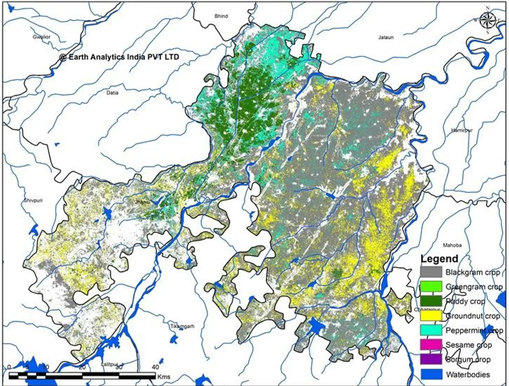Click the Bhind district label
221,16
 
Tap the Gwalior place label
42,37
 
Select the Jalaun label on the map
386,37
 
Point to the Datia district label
112,93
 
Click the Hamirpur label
462,130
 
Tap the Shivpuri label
33,200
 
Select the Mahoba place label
452,245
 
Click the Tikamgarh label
182,326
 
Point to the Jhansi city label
142,202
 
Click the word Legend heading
439,259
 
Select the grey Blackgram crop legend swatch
431,272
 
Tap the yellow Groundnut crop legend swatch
431,316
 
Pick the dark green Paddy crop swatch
431,301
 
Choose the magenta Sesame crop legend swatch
431,345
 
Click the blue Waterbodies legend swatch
431,374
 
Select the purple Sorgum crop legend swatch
431,359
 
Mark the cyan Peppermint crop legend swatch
431,330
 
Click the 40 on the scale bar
155,367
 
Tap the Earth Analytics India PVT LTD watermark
119,57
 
